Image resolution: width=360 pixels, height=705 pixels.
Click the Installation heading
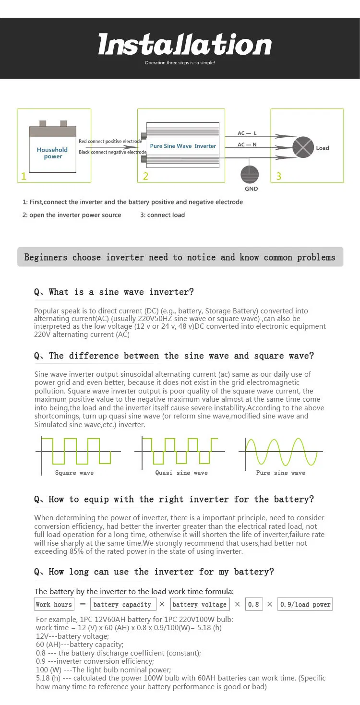(x=185, y=45)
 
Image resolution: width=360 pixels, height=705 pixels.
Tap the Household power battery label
(x=52, y=153)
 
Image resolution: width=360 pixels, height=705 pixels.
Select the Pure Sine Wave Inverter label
(x=183, y=146)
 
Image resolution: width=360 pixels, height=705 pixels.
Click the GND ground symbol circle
(x=250, y=175)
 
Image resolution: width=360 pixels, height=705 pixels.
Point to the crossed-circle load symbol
(x=303, y=147)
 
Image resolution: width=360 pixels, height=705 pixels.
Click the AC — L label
(x=247, y=133)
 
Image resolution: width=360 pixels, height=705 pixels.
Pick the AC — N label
(x=247, y=144)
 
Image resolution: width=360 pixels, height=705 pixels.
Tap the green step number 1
(x=24, y=176)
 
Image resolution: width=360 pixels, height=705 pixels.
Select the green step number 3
(x=278, y=176)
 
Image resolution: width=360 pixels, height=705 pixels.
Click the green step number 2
(x=145, y=176)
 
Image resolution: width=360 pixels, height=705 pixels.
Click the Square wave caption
(x=74, y=473)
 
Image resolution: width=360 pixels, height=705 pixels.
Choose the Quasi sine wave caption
(x=181, y=473)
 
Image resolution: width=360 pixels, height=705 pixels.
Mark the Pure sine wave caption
(x=281, y=473)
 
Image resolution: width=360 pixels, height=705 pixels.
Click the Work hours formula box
(x=54, y=604)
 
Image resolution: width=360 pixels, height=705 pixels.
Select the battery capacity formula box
(x=122, y=604)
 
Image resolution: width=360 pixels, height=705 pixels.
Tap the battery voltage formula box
(x=199, y=604)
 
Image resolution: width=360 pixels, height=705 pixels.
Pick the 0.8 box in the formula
(x=253, y=604)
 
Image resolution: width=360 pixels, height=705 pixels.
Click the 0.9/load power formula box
(x=305, y=604)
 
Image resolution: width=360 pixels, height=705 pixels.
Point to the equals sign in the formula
(x=83, y=604)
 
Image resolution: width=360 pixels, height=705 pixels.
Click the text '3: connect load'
(x=162, y=215)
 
